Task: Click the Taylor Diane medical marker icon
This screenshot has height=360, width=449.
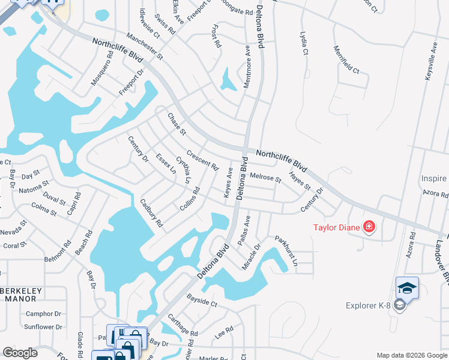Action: [x=369, y=227]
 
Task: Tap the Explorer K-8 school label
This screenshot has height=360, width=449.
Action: [x=368, y=306]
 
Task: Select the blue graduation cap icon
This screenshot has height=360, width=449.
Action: [x=407, y=289]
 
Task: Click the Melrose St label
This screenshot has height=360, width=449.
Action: [x=266, y=177]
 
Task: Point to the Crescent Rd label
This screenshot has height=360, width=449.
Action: [x=202, y=159]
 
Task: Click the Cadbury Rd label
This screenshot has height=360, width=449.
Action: [x=151, y=213]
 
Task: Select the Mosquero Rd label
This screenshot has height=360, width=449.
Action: [x=102, y=68]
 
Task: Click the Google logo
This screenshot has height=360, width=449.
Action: [x=20, y=353]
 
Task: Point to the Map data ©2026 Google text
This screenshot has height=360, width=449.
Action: [x=411, y=355]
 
